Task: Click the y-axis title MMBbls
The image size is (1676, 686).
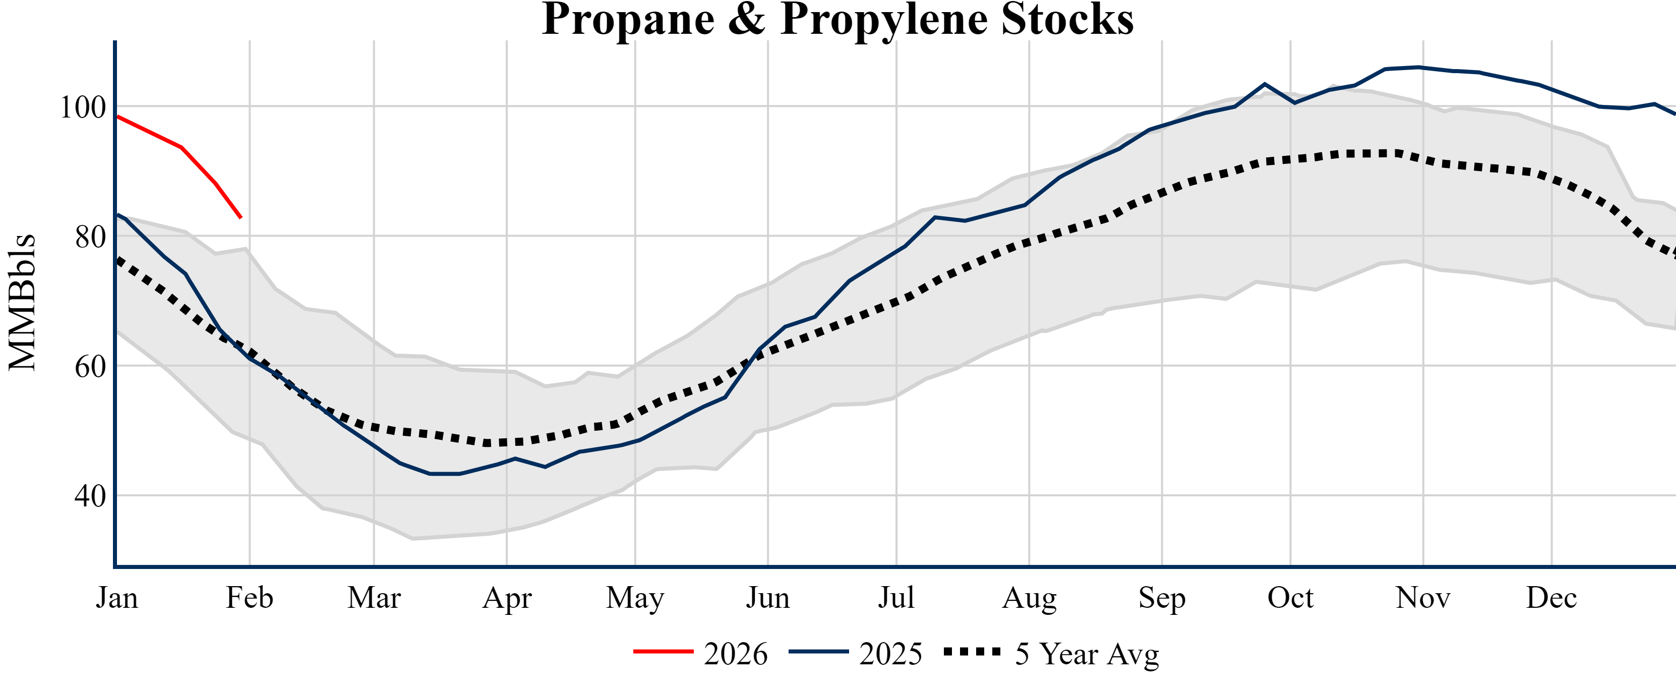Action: (22, 303)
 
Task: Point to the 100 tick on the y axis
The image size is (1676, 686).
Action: (83, 107)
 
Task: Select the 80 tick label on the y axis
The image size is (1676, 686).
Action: (90, 238)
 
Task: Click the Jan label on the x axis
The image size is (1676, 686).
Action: (117, 598)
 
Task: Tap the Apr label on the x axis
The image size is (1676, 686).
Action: (507, 598)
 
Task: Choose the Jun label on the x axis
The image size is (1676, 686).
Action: (768, 598)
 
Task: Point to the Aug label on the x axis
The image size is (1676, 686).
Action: (1029, 598)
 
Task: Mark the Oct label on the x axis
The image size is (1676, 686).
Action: (1290, 598)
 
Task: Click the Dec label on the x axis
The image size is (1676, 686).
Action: (1552, 598)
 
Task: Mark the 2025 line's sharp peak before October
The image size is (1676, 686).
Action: (1265, 84)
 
